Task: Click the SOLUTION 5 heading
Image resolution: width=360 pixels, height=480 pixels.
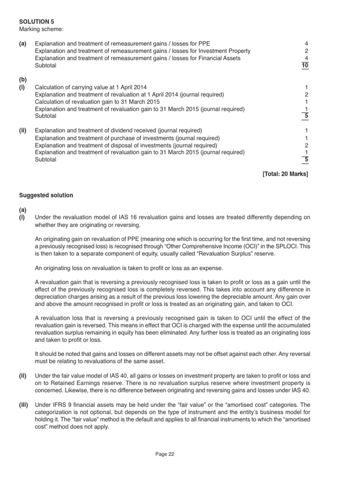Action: pos(33,22)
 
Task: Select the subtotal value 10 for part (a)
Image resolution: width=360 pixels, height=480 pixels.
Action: pos(306,66)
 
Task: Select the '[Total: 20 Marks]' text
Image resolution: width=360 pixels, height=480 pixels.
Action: pos(285,174)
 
